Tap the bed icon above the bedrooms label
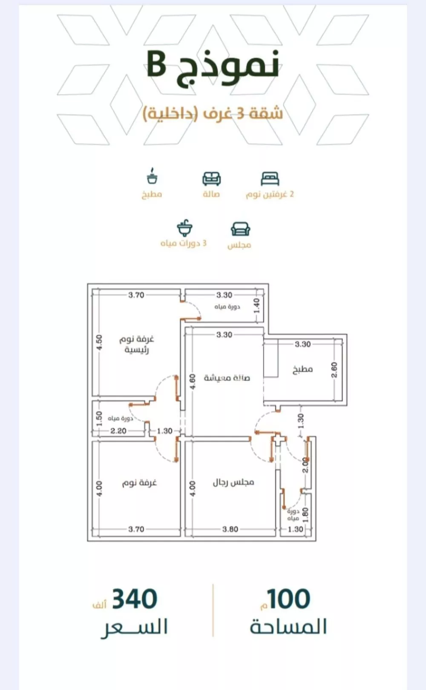coord(270,179)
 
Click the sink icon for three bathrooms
coord(184,228)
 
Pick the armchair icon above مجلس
coord(240,229)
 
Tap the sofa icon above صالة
coord(211,179)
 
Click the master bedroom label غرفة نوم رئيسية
coord(136,345)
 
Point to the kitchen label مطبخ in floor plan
coord(302,369)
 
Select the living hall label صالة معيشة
coord(227,378)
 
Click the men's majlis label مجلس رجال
coord(233,482)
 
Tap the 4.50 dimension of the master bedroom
coord(99,342)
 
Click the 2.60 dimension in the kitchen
coord(334,369)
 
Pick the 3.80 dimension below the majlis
coord(230,529)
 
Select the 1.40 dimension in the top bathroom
coord(256,305)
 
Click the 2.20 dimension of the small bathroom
coord(118,431)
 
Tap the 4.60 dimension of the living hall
coord(193,381)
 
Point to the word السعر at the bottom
coord(135,627)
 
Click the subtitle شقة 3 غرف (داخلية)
coord(213,113)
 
